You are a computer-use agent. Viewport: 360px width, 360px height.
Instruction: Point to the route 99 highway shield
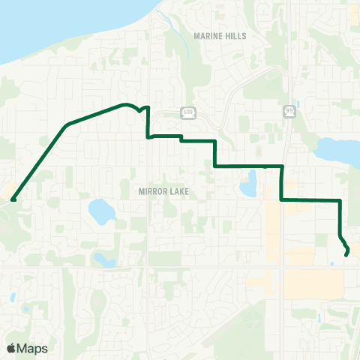[289, 111]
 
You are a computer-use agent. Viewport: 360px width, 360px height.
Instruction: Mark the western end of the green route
[13, 199]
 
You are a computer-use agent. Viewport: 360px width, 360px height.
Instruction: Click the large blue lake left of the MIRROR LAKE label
[99, 211]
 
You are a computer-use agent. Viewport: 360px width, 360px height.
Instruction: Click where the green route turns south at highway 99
[282, 166]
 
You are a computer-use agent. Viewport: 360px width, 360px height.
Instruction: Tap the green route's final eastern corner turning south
[340, 200]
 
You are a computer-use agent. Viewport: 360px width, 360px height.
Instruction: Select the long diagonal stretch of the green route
[41, 161]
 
